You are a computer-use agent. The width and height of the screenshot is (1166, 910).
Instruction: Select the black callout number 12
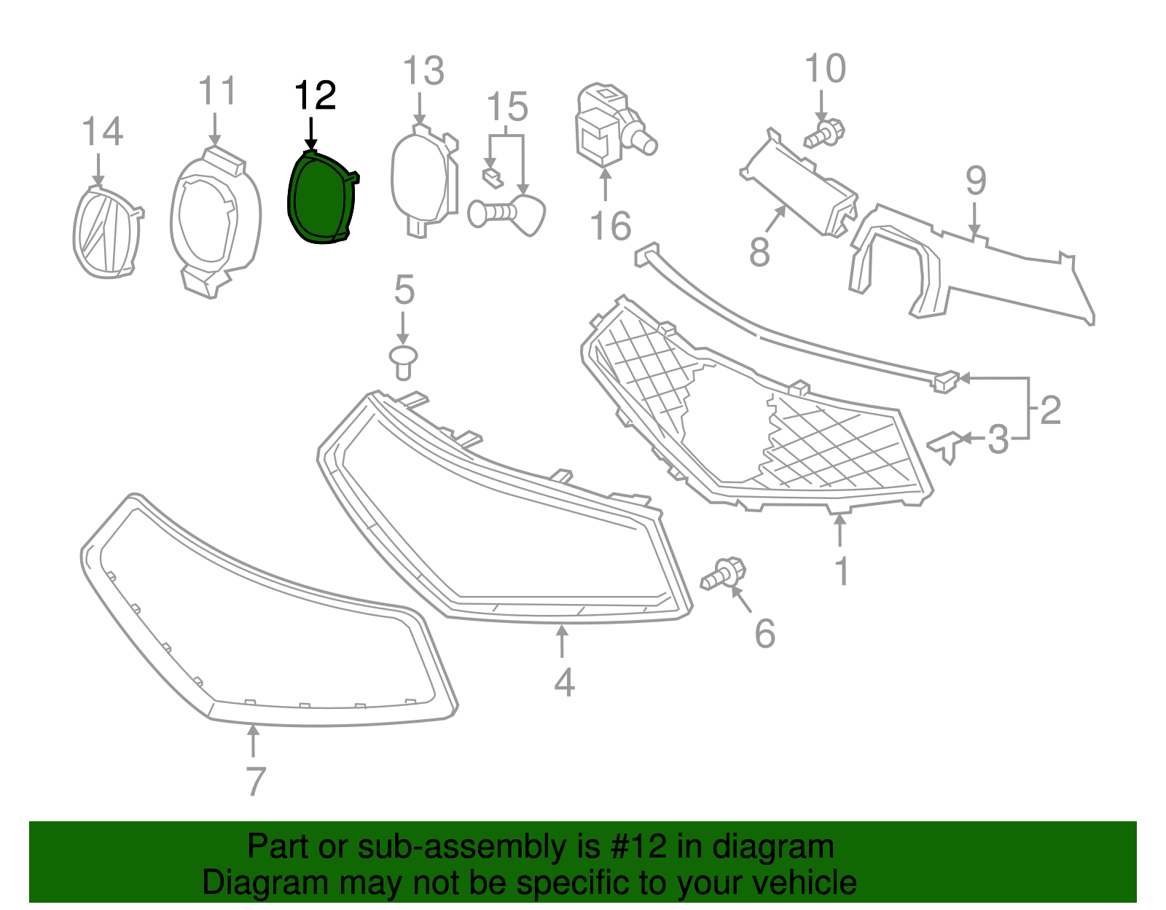pyautogui.click(x=315, y=96)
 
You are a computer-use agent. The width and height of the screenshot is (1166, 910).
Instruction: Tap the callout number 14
pyautogui.click(x=102, y=133)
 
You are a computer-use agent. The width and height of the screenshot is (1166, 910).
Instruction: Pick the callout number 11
pyautogui.click(x=217, y=92)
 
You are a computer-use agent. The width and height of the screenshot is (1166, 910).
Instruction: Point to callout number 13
pyautogui.click(x=423, y=71)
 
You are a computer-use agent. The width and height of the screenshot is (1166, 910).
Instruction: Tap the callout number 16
pyautogui.click(x=610, y=227)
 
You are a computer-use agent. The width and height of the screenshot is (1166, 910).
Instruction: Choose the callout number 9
pyautogui.click(x=976, y=181)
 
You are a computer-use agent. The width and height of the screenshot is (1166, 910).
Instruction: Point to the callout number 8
pyautogui.click(x=759, y=253)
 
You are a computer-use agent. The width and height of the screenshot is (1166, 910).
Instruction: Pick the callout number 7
pyautogui.click(x=255, y=782)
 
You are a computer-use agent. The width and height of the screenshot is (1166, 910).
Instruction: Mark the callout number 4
pyautogui.click(x=564, y=683)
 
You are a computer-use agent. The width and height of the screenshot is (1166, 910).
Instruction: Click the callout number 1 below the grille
pyautogui.click(x=842, y=571)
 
